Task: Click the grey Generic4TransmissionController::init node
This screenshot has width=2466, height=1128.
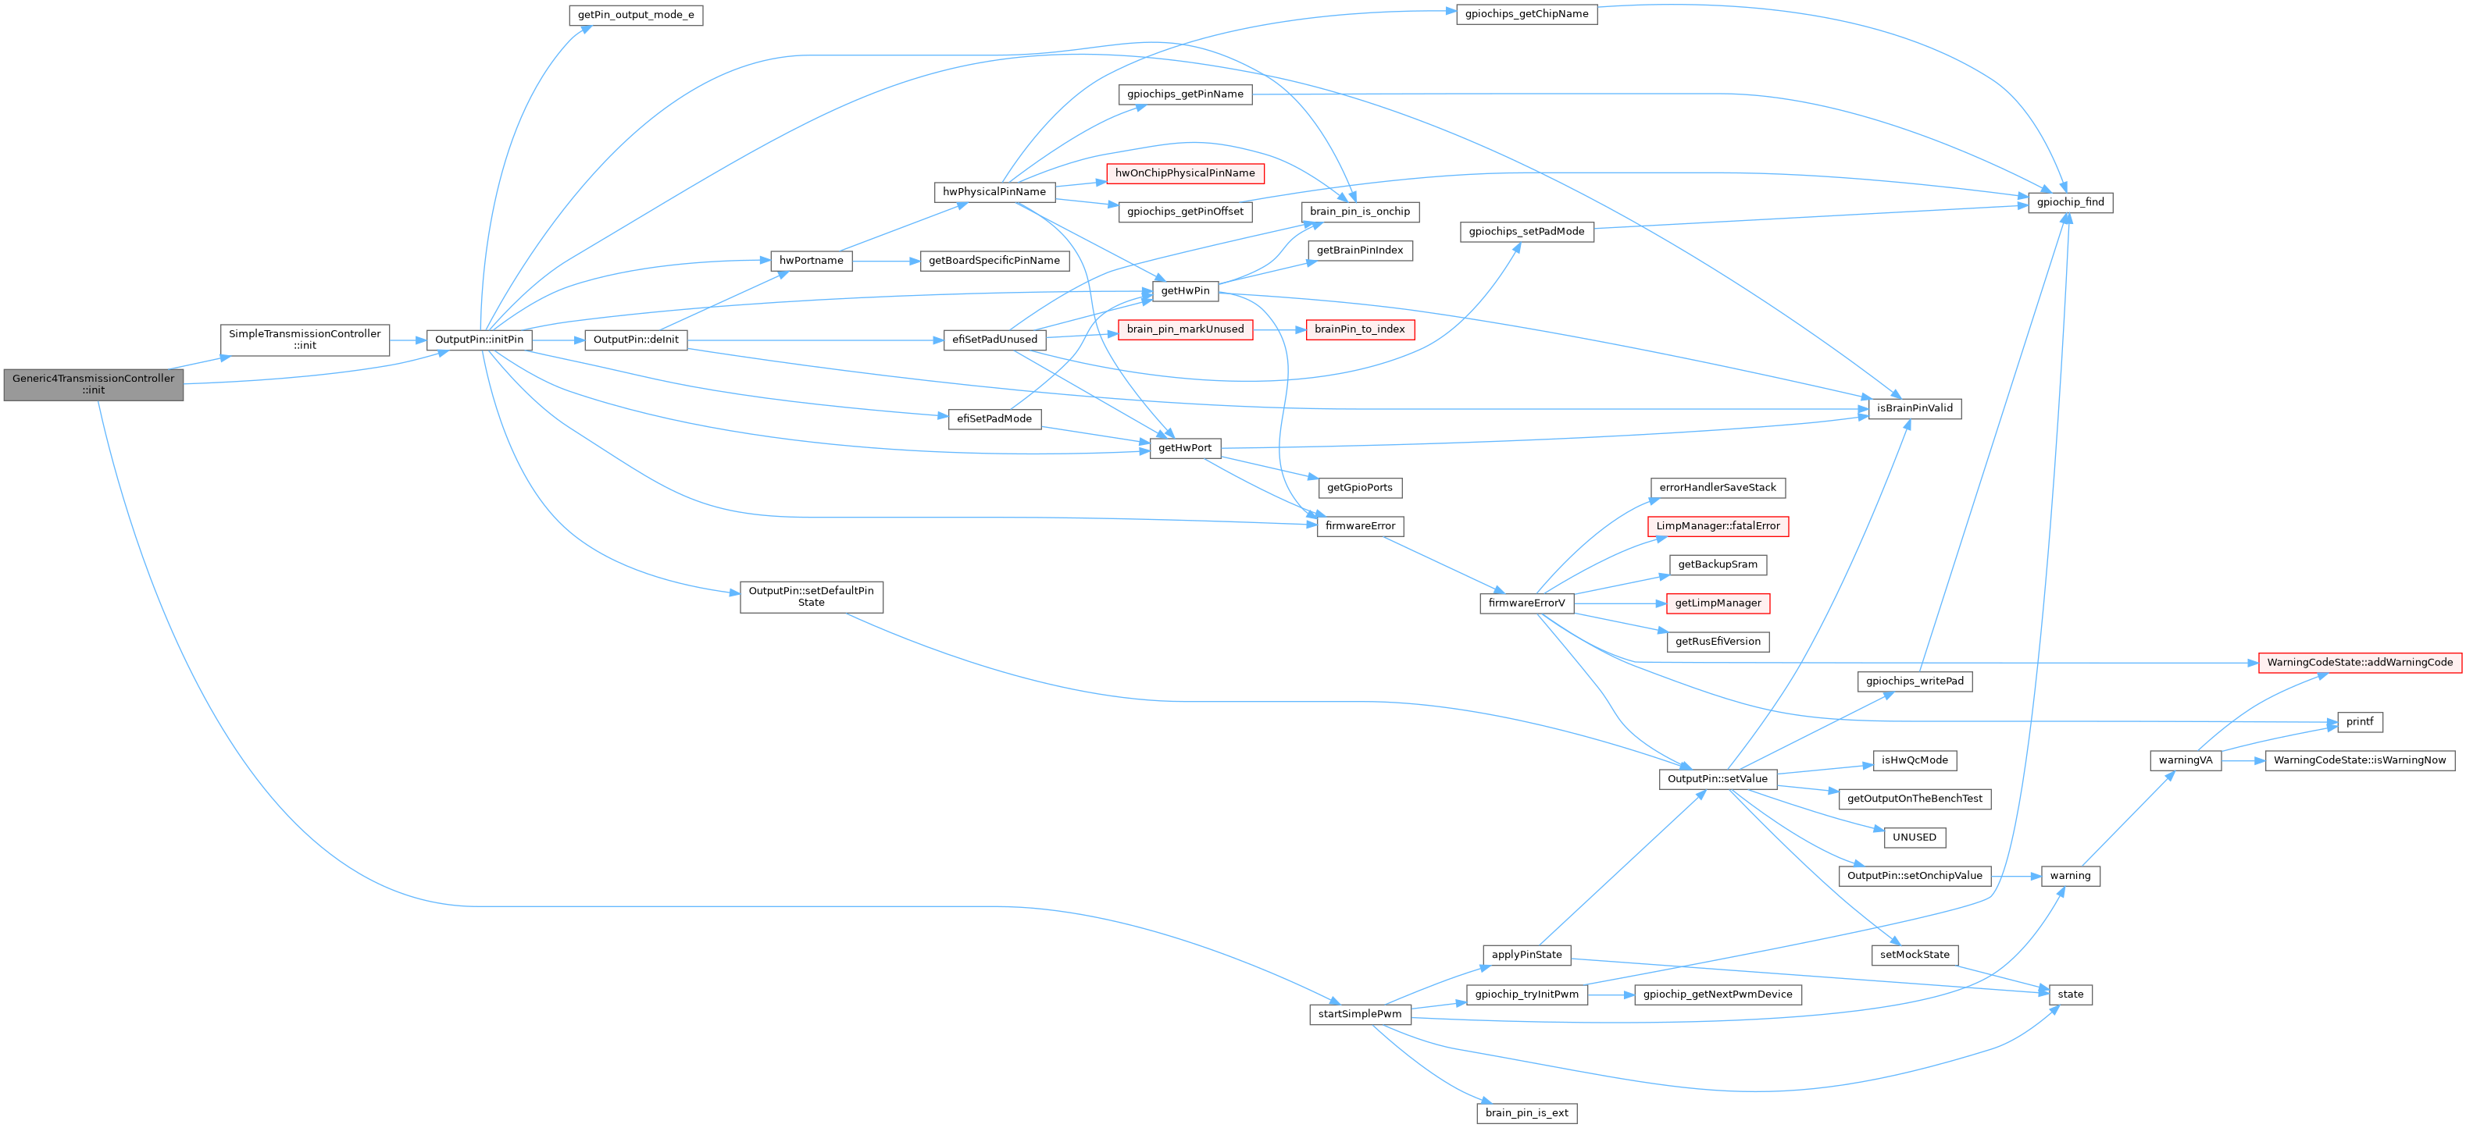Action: pyautogui.click(x=93, y=383)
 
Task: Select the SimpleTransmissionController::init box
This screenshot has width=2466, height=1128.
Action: pyautogui.click(x=305, y=340)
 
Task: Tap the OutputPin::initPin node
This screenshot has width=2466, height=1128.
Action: pyautogui.click(x=479, y=340)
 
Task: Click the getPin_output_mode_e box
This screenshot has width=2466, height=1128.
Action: pyautogui.click(x=636, y=16)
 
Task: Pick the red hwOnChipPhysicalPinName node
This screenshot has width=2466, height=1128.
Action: pyautogui.click(x=1184, y=173)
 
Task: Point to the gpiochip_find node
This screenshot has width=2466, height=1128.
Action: pyautogui.click(x=2070, y=202)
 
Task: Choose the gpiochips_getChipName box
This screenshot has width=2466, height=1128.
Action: pyautogui.click(x=1526, y=14)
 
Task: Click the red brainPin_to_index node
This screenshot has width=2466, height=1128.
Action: pyautogui.click(x=1359, y=329)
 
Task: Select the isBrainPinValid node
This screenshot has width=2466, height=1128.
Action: pyautogui.click(x=1915, y=408)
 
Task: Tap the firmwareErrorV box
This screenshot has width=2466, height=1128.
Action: pyautogui.click(x=1526, y=603)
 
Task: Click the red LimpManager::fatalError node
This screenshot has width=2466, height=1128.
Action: pyautogui.click(x=1718, y=526)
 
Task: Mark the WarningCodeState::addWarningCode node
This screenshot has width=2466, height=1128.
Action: pyautogui.click(x=2360, y=662)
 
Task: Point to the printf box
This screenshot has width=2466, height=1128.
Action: pyautogui.click(x=2360, y=721)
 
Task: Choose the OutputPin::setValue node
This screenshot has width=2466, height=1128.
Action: pyautogui.click(x=1718, y=779)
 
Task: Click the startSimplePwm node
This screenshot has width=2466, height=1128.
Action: pyautogui.click(x=1359, y=1014)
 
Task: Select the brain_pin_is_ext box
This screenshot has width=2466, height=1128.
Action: pyautogui.click(x=1526, y=1112)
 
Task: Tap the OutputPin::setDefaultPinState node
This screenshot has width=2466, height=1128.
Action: pyautogui.click(x=811, y=596)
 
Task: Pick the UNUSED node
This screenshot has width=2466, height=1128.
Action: pyautogui.click(x=1915, y=837)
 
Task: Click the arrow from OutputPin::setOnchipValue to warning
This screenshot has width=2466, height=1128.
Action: pyautogui.click(x=2015, y=875)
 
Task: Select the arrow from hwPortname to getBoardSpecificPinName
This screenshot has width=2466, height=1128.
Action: pyautogui.click(x=886, y=260)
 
